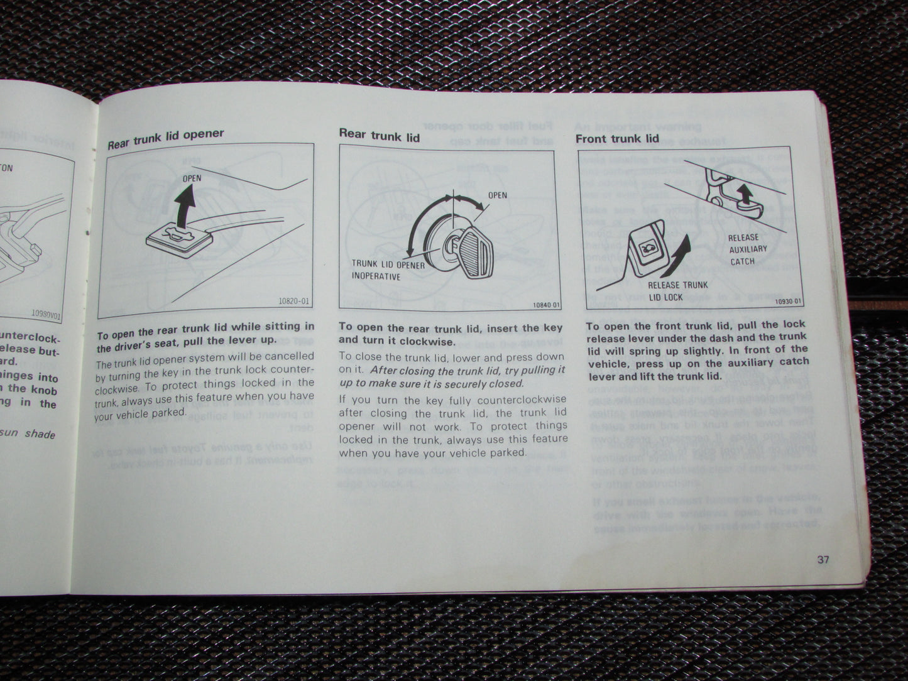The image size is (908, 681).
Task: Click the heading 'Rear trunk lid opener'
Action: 165,138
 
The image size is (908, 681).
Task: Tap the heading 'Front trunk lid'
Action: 617,138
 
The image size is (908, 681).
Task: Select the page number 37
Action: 823,559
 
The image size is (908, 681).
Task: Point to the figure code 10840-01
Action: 545,305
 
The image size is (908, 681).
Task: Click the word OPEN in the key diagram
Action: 498,195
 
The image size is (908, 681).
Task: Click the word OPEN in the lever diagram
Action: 192,178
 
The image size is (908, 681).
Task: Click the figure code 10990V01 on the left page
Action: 46,313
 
